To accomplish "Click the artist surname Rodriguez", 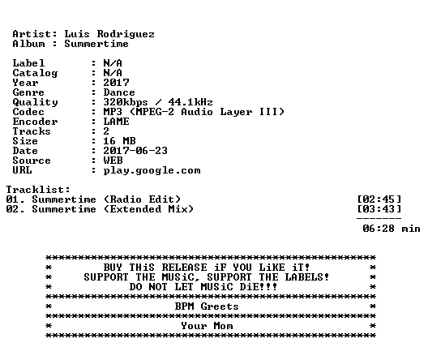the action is point(126,34).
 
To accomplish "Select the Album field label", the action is point(28,44).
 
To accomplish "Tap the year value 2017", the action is point(116,83).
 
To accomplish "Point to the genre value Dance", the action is point(119,92).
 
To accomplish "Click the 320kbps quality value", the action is point(126,103).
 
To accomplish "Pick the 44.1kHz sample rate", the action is point(190,102).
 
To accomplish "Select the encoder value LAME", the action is point(116,122).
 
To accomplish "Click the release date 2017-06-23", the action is point(135,151).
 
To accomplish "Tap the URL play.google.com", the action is point(152,171).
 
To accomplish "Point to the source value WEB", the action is point(113,161).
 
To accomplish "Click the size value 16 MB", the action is point(119,141).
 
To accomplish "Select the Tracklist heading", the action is point(38,190).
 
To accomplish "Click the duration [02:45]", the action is point(379,199).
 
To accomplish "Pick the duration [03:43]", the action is point(379,209).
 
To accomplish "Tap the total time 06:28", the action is point(379,229).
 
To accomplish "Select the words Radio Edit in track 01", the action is point(142,199).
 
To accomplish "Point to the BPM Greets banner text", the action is point(207,306).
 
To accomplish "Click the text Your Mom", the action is point(207,326).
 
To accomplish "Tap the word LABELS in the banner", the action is point(304,277).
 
